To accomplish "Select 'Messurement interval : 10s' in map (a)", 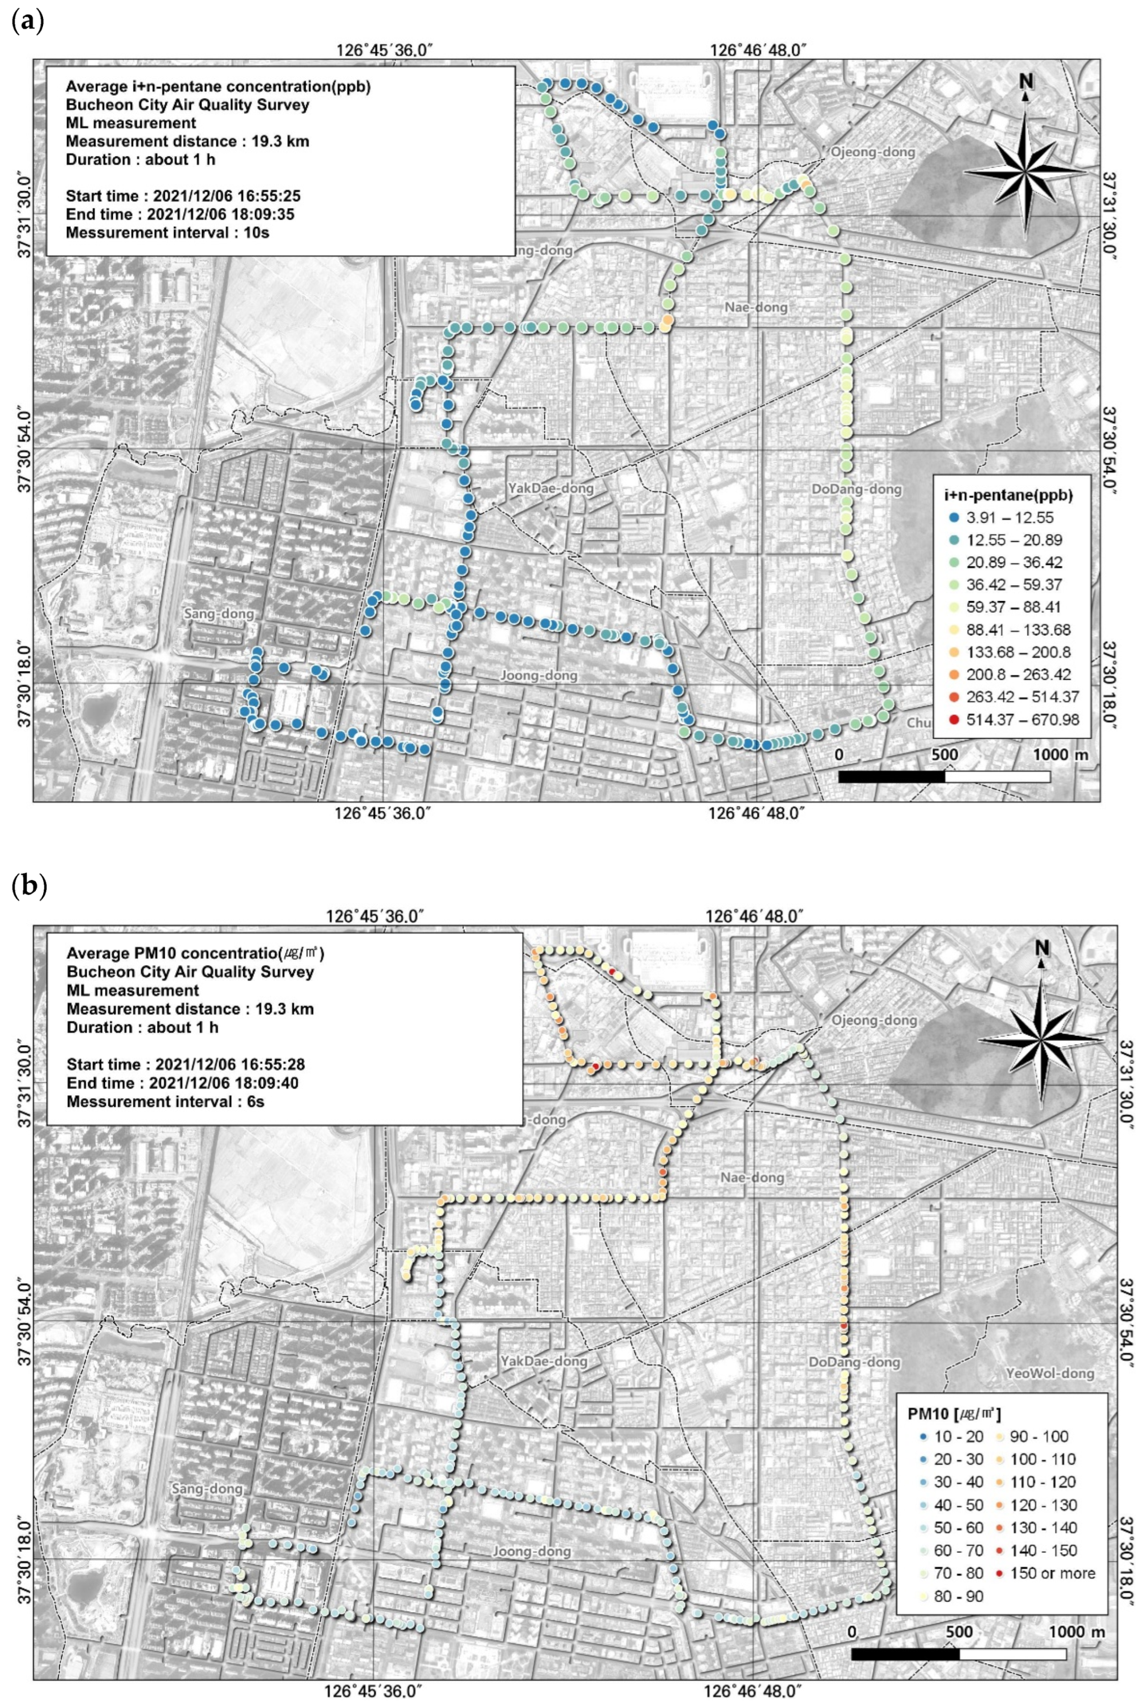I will point(168,233).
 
